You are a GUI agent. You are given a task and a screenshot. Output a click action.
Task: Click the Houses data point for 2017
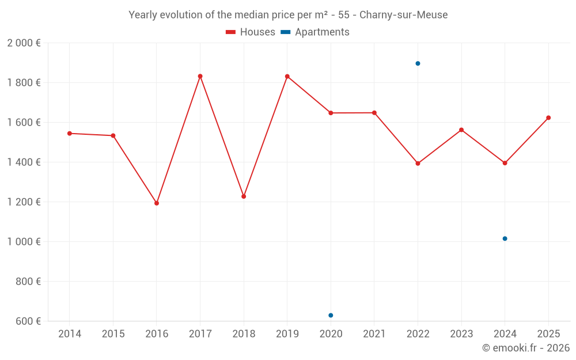pyautogui.click(x=200, y=76)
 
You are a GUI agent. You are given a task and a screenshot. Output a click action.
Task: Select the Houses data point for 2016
pyautogui.click(x=157, y=203)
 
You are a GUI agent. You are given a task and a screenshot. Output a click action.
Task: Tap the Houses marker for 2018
pyautogui.click(x=244, y=196)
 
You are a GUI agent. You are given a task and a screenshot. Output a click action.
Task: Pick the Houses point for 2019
pyautogui.click(x=287, y=77)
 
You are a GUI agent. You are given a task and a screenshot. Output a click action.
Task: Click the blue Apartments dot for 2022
pyautogui.click(x=418, y=63)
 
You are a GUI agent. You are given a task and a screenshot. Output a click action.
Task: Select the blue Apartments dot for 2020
pyautogui.click(x=331, y=315)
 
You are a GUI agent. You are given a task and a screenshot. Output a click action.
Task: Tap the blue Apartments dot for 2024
pyautogui.click(x=505, y=238)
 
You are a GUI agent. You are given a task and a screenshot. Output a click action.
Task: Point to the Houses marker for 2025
pyautogui.click(x=548, y=118)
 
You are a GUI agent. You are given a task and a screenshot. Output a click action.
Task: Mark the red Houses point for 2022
pyautogui.click(x=418, y=164)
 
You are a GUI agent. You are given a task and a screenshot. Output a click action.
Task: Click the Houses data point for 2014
pyautogui.click(x=70, y=133)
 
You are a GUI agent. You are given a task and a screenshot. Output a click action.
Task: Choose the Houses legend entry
pyautogui.click(x=251, y=32)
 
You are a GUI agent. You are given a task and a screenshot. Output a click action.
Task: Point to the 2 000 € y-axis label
pyautogui.click(x=24, y=43)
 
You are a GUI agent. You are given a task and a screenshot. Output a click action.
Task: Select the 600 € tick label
pyautogui.click(x=28, y=321)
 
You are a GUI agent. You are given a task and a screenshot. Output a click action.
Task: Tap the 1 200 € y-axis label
pyautogui.click(x=24, y=202)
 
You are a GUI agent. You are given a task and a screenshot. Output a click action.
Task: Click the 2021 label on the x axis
pyautogui.click(x=374, y=334)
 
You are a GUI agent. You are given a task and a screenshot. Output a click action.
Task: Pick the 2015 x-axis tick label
pyautogui.click(x=113, y=334)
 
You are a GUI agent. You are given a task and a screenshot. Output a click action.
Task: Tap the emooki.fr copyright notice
pyautogui.click(x=525, y=348)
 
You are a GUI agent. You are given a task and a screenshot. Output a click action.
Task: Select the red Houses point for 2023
pyautogui.click(x=461, y=130)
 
